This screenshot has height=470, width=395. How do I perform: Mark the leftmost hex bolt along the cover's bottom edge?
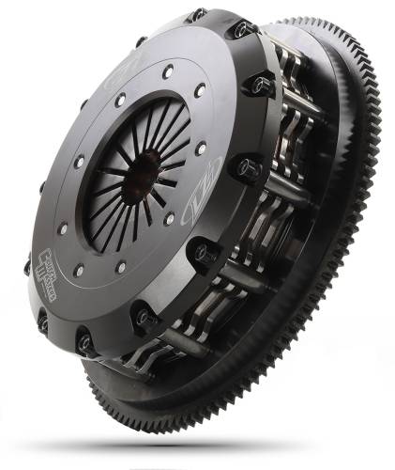(42, 322)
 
